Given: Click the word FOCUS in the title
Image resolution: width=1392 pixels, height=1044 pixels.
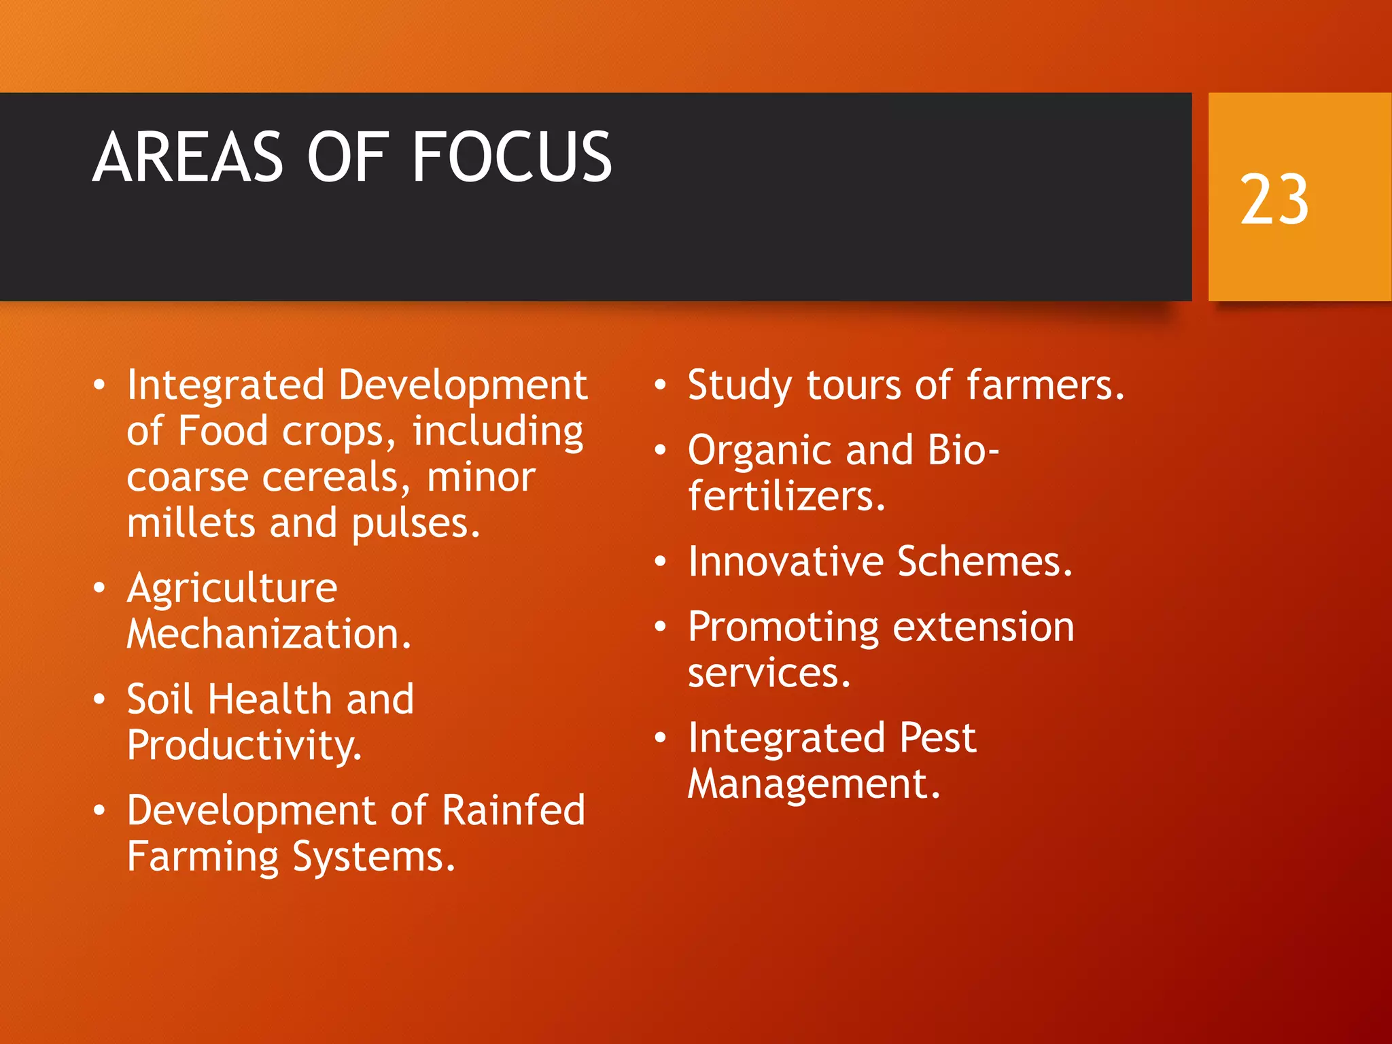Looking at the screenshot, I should coord(511,157).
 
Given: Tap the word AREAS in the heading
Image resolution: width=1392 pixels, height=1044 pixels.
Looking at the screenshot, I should coord(188,157).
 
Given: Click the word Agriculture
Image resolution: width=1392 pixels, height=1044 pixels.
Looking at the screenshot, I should coord(232,588).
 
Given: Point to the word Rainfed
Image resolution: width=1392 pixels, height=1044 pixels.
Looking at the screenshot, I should coord(513,810).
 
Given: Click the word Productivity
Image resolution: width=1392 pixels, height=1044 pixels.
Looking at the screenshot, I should coord(244,746).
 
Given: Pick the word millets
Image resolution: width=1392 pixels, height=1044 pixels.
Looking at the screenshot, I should coord(190,523).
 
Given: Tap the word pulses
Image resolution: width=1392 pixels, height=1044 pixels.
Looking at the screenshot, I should coord(415,525).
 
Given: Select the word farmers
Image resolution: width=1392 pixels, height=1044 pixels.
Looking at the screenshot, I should coord(1045,385).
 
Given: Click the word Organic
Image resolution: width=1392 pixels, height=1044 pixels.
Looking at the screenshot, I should coord(761,451).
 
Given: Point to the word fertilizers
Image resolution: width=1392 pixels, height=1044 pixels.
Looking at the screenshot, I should coord(786,496).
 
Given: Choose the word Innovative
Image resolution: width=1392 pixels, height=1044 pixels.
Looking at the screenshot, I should coord(785,561).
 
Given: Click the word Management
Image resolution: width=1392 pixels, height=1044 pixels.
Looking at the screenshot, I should coord(814,784).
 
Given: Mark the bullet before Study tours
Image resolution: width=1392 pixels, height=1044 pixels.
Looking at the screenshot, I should coord(660,385).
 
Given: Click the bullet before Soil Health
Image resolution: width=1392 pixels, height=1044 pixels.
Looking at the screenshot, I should coord(100,699).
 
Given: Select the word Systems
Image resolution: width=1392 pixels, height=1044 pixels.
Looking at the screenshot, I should coord(374,857).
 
